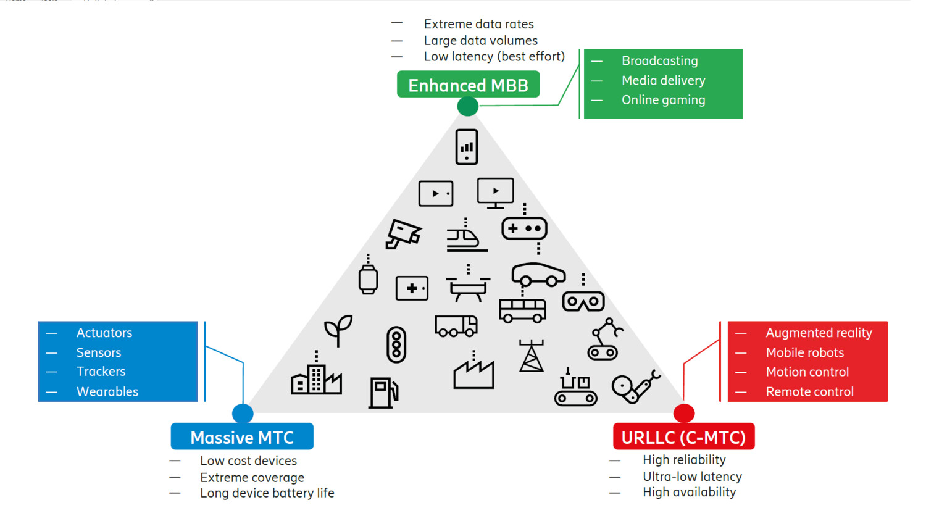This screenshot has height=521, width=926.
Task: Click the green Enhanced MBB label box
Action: point(468,85)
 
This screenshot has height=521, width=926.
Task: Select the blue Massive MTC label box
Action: point(242,437)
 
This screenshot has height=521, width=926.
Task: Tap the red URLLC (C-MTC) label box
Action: point(683,437)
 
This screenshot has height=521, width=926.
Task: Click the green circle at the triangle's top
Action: point(468,106)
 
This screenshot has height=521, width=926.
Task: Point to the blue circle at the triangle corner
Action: point(243,413)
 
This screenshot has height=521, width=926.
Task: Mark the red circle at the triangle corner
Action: point(683,413)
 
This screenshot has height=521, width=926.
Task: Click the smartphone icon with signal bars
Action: point(467,147)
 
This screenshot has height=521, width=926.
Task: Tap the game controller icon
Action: point(524,228)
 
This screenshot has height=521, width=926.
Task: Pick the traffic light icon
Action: point(396,344)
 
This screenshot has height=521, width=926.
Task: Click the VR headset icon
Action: point(583,301)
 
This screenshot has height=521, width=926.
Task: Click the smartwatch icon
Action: point(368,280)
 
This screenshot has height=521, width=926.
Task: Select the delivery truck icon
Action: point(456,325)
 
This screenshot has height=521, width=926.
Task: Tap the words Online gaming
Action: point(663,100)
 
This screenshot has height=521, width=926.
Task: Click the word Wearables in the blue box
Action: point(107,391)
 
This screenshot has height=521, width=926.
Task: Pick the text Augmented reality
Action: point(819,333)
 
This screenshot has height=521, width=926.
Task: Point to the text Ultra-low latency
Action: point(692,477)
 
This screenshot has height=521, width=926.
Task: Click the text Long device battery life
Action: point(267,493)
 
